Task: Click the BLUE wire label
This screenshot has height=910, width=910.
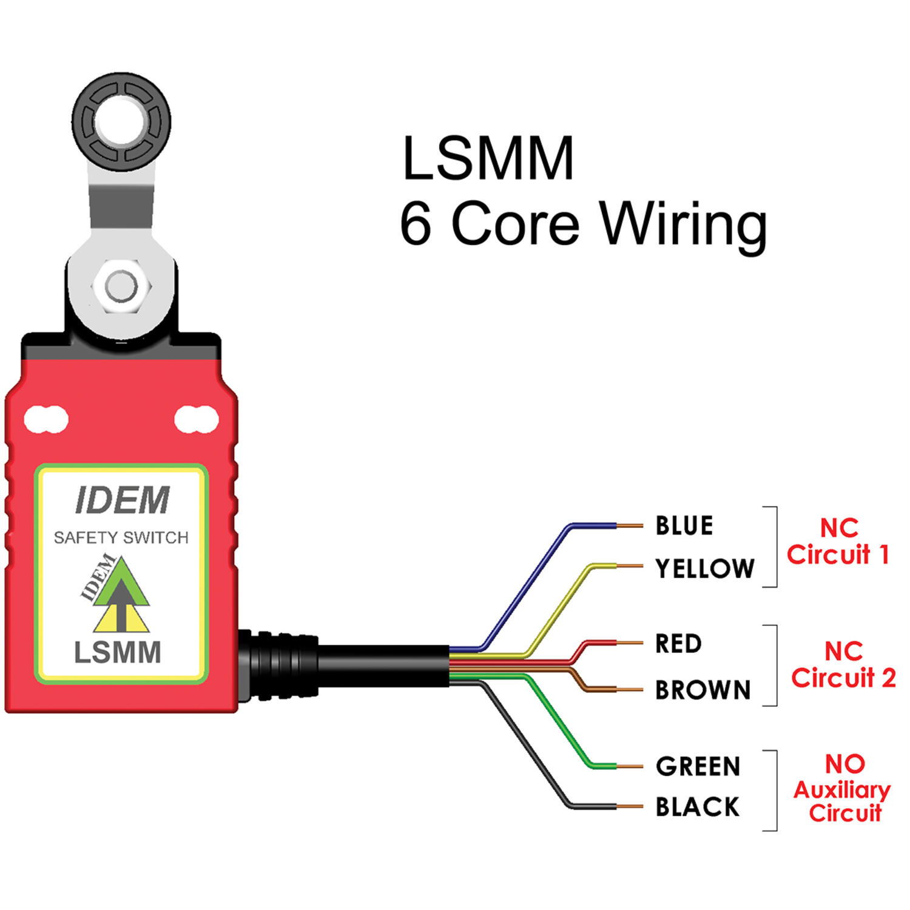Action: tap(684, 525)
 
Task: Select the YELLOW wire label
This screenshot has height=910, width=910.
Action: tap(704, 568)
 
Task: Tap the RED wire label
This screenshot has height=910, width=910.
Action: tap(678, 644)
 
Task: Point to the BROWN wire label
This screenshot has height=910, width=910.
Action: tap(703, 690)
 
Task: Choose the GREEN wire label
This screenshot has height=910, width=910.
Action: tap(698, 766)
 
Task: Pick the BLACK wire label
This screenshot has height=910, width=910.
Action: tap(697, 807)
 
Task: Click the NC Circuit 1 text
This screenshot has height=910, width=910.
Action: tap(838, 541)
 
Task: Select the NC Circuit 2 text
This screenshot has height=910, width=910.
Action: tap(843, 665)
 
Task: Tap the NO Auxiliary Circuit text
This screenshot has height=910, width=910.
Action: tap(843, 788)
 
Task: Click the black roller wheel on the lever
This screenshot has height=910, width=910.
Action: tap(121, 121)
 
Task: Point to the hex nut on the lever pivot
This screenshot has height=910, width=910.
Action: tap(121, 286)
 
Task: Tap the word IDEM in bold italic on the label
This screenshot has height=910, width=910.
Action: tap(122, 500)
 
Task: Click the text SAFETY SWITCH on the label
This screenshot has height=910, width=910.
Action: tap(121, 538)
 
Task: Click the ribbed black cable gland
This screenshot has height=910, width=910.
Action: tap(279, 666)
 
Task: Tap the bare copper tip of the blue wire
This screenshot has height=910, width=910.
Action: tap(630, 525)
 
